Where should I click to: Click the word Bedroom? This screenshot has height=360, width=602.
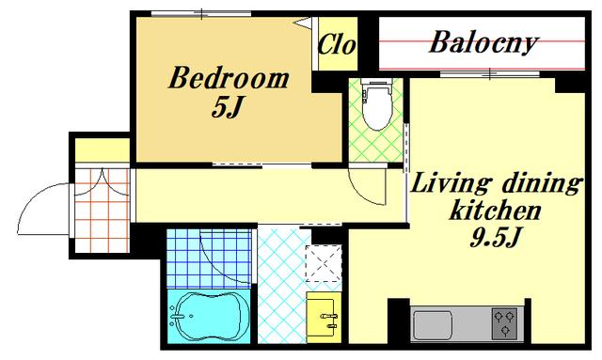pyautogui.click(x=229, y=78)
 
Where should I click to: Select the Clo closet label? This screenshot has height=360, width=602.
pyautogui.click(x=337, y=44)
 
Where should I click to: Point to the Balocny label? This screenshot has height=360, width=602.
pyautogui.click(x=483, y=42)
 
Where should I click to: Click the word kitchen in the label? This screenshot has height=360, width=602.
pyautogui.click(x=496, y=211)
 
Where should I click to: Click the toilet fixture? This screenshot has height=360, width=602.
pyautogui.click(x=378, y=103)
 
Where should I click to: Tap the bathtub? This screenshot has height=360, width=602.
pyautogui.click(x=209, y=316)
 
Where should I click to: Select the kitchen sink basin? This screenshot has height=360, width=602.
pyautogui.click(x=433, y=324)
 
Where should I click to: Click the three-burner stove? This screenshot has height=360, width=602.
pyautogui.click(x=504, y=323)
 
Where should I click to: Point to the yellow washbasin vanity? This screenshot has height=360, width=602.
pyautogui.click(x=324, y=317)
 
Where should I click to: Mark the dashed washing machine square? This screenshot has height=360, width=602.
pyautogui.click(x=324, y=263)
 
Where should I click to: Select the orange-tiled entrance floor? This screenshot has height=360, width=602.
pyautogui.click(x=102, y=211)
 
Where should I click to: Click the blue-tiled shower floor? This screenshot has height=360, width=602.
pyautogui.click(x=209, y=258)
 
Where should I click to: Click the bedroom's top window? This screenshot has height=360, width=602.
pyautogui.click(x=201, y=14)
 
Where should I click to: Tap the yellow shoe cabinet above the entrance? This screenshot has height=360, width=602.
pyautogui.click(x=103, y=150)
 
